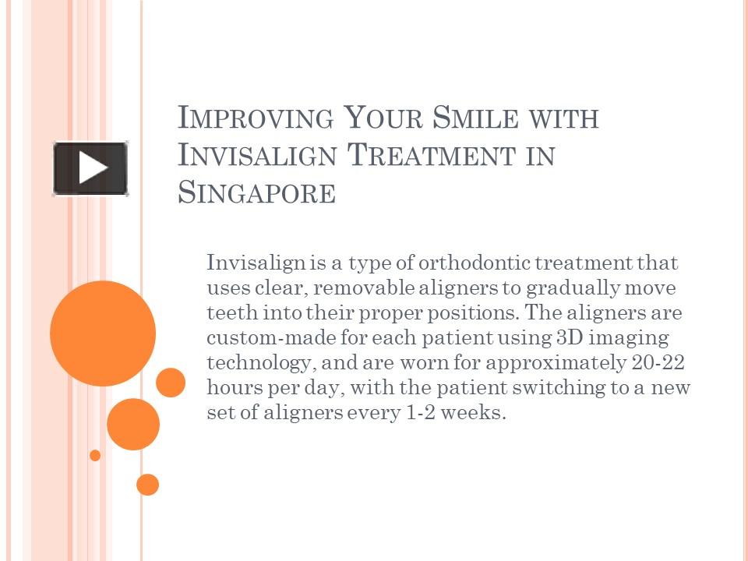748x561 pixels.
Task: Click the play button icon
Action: click(x=90, y=168)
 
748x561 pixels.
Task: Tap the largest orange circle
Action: click(x=103, y=333)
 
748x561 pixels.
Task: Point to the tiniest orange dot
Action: click(x=95, y=455)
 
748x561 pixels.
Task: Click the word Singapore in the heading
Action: click(x=256, y=192)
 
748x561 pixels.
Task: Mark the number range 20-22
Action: click(x=659, y=363)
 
